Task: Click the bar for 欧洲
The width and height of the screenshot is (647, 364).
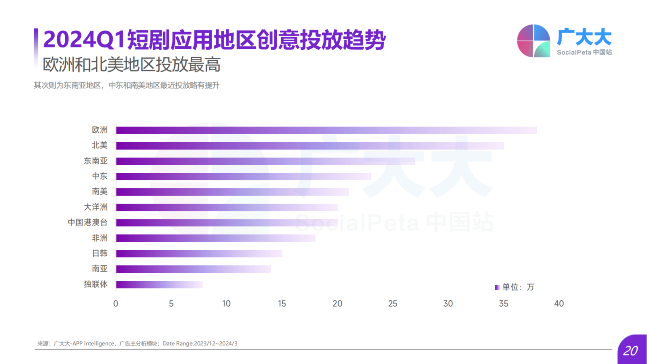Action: click(326, 130)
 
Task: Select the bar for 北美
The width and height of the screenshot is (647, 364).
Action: click(310, 146)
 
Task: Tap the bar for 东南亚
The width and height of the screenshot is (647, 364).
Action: click(265, 161)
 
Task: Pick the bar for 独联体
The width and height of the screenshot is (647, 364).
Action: click(159, 284)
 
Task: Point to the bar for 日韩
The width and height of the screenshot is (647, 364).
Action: click(199, 254)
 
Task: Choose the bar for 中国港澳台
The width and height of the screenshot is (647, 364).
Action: click(227, 222)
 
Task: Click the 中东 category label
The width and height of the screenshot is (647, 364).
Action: click(100, 176)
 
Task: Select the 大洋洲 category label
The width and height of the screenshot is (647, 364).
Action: click(96, 207)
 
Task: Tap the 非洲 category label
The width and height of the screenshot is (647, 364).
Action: click(100, 238)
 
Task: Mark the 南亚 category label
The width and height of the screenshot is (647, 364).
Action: click(100, 269)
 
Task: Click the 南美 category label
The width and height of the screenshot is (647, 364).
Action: click(100, 192)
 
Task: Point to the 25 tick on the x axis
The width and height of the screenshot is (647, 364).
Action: click(393, 304)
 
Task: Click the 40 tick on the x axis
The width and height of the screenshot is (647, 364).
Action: click(559, 304)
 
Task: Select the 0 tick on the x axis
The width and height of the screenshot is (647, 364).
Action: click(116, 304)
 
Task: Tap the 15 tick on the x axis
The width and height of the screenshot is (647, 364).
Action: click(282, 304)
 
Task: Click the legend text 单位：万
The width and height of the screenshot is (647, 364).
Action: click(518, 287)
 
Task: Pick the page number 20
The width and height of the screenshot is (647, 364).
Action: click(630, 351)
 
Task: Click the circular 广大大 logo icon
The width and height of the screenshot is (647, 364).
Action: click(533, 41)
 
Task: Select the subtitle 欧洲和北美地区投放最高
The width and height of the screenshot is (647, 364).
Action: click(132, 65)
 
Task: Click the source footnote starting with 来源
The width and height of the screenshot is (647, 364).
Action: click(137, 344)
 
